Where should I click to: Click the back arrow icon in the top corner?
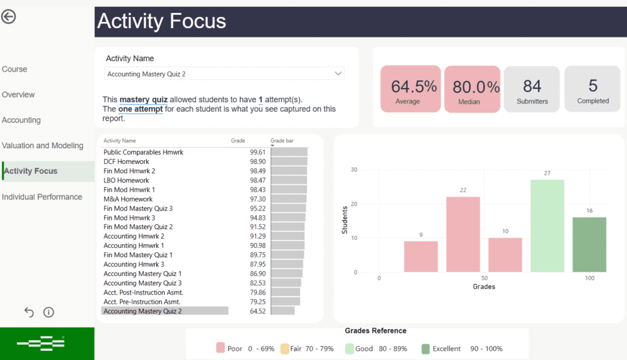pyautogui.click(x=9, y=17)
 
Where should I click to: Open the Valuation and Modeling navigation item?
pyautogui.click(x=42, y=146)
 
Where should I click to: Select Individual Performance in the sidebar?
pyautogui.click(x=42, y=197)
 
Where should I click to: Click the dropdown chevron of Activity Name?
pyautogui.click(x=338, y=73)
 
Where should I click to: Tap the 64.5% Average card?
pyautogui.click(x=410, y=89)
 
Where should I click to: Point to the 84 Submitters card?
pyautogui.click(x=531, y=89)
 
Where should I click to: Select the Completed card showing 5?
pyautogui.click(x=593, y=89)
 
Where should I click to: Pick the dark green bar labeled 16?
pyautogui.click(x=590, y=244)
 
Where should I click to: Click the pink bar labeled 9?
pyautogui.click(x=421, y=257)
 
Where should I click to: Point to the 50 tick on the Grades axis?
pyautogui.click(x=484, y=279)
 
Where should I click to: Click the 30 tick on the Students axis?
pyautogui.click(x=353, y=170)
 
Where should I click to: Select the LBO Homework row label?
pyautogui.click(x=126, y=181)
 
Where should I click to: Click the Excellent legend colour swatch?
pyautogui.click(x=426, y=348)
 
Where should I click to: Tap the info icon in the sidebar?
pyautogui.click(x=49, y=312)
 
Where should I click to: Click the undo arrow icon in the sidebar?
pyautogui.click(x=29, y=312)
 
